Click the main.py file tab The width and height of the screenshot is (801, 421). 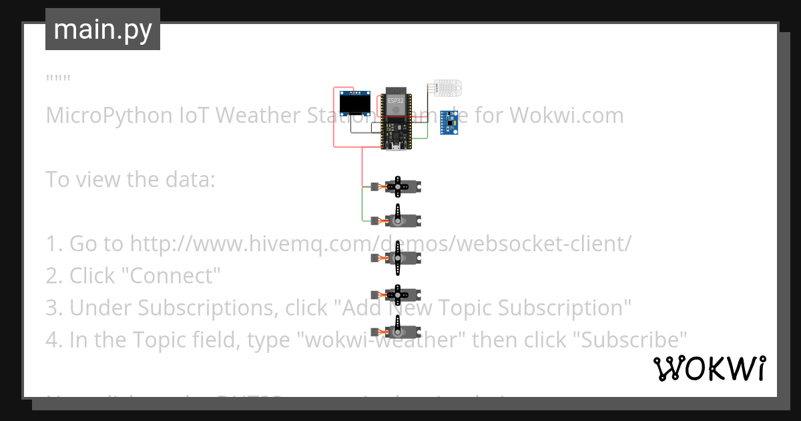(102, 30)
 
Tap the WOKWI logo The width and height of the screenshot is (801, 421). (709, 369)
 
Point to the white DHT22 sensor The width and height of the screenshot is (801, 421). (450, 87)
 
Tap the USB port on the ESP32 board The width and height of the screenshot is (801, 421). (395, 146)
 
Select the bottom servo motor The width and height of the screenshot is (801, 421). (398, 330)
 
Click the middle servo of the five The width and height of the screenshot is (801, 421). (398, 258)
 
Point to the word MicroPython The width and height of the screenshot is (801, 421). (109, 116)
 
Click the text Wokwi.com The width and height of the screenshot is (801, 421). (567, 116)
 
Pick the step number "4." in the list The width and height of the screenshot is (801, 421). (54, 340)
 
